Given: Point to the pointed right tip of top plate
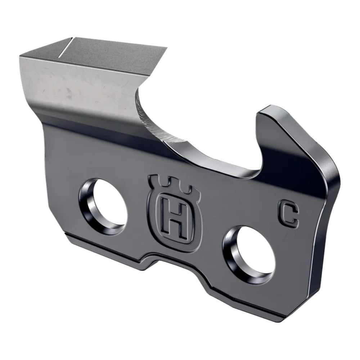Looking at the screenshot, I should click(166, 48).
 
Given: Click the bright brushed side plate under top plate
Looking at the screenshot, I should click(72, 86).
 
